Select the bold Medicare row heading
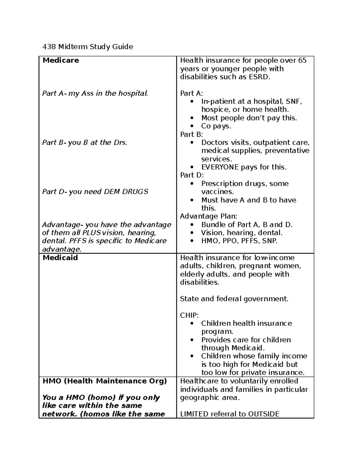coord(61,60)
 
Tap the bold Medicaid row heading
coord(60,258)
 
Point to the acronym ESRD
coord(259,77)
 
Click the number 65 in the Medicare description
coord(302,60)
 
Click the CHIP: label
coord(189,315)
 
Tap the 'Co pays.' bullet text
coord(216,126)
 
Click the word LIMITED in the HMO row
coord(194,414)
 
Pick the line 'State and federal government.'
coord(234,299)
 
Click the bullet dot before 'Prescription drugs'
coord(192,184)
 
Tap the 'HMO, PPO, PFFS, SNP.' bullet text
coord(239,241)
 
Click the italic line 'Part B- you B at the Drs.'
coord(85,143)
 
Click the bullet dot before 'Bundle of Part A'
coord(192,225)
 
